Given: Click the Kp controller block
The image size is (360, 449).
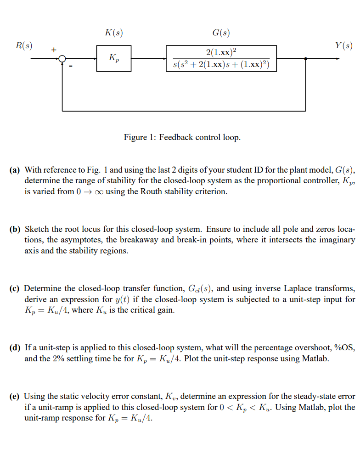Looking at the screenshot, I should pos(113,58).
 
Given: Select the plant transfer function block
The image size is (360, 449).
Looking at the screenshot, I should pos(221,58).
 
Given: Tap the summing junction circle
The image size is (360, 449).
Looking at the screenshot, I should pos(62,59).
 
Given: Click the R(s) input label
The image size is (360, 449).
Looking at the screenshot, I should pos(23,45).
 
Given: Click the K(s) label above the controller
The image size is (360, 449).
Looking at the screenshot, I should pos(113,33).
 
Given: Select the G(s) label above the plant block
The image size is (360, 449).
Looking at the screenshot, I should pos(221,33).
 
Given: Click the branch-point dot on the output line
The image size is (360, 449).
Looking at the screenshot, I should pos(306,59).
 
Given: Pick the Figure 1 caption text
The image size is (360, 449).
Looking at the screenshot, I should pos(182,137).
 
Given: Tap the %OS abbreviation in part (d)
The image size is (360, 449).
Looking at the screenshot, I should pos(345,348).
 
